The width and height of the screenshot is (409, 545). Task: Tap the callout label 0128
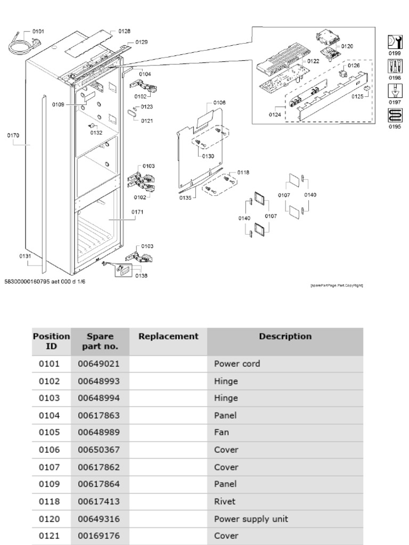(x=124, y=31)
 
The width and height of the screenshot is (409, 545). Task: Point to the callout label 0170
(x=13, y=135)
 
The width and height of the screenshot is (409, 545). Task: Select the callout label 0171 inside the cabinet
(x=137, y=212)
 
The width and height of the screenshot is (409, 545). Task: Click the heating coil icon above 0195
(x=395, y=115)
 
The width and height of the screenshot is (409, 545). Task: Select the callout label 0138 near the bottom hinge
(x=141, y=275)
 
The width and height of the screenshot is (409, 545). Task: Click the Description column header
(x=285, y=336)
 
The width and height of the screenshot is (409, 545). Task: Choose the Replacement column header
(x=168, y=336)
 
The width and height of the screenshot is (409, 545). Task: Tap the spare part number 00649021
(x=99, y=365)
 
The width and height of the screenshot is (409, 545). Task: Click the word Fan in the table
(x=221, y=433)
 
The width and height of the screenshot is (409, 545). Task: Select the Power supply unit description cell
(x=251, y=518)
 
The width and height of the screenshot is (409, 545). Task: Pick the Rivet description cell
(x=224, y=501)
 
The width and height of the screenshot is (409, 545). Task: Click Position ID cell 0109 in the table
(x=50, y=484)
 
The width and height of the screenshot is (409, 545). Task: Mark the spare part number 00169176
(x=99, y=535)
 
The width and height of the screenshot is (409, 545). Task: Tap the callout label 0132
(x=96, y=133)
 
